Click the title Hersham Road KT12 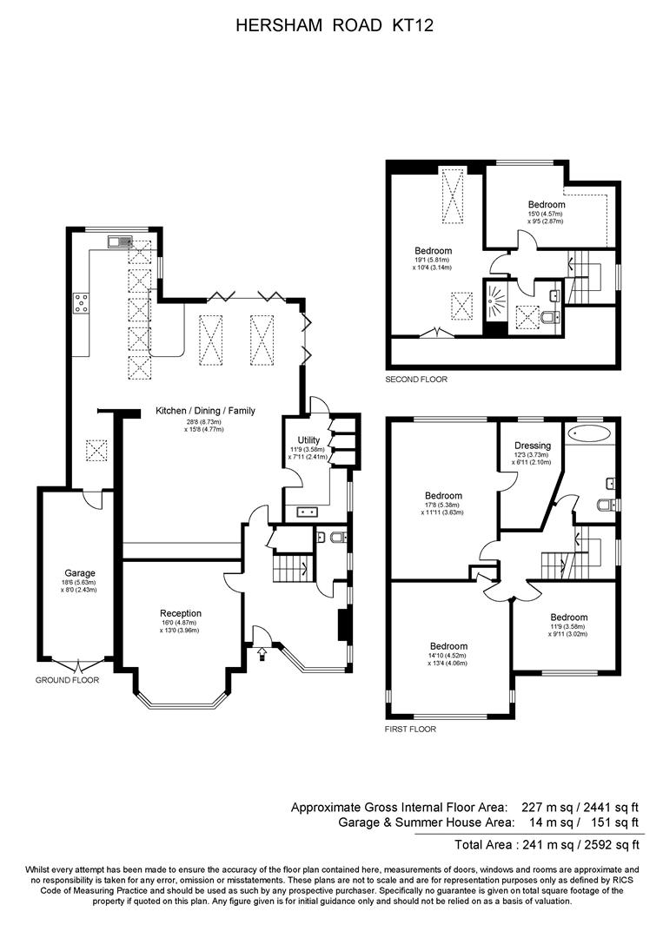click(335, 25)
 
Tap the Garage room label click(80, 573)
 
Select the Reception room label click(181, 613)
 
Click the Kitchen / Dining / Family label click(205, 410)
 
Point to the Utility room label click(308, 440)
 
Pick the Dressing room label click(533, 445)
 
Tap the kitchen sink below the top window click(120, 241)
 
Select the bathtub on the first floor click(589, 433)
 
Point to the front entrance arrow click(262, 654)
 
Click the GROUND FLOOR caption click(67, 680)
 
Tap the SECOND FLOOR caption click(416, 380)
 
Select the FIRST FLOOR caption click(410, 730)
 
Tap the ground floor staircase click(293, 568)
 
